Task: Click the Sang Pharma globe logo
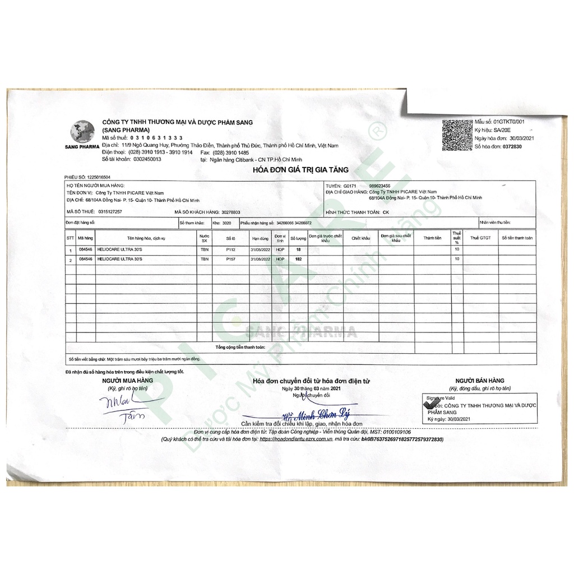click(x=82, y=133)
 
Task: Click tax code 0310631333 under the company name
click(x=156, y=138)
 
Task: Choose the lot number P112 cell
click(x=230, y=249)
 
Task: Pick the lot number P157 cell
click(x=230, y=260)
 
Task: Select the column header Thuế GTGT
click(x=480, y=238)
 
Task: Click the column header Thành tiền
click(x=432, y=238)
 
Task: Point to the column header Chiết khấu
click(x=361, y=238)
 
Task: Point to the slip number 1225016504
click(x=99, y=177)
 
